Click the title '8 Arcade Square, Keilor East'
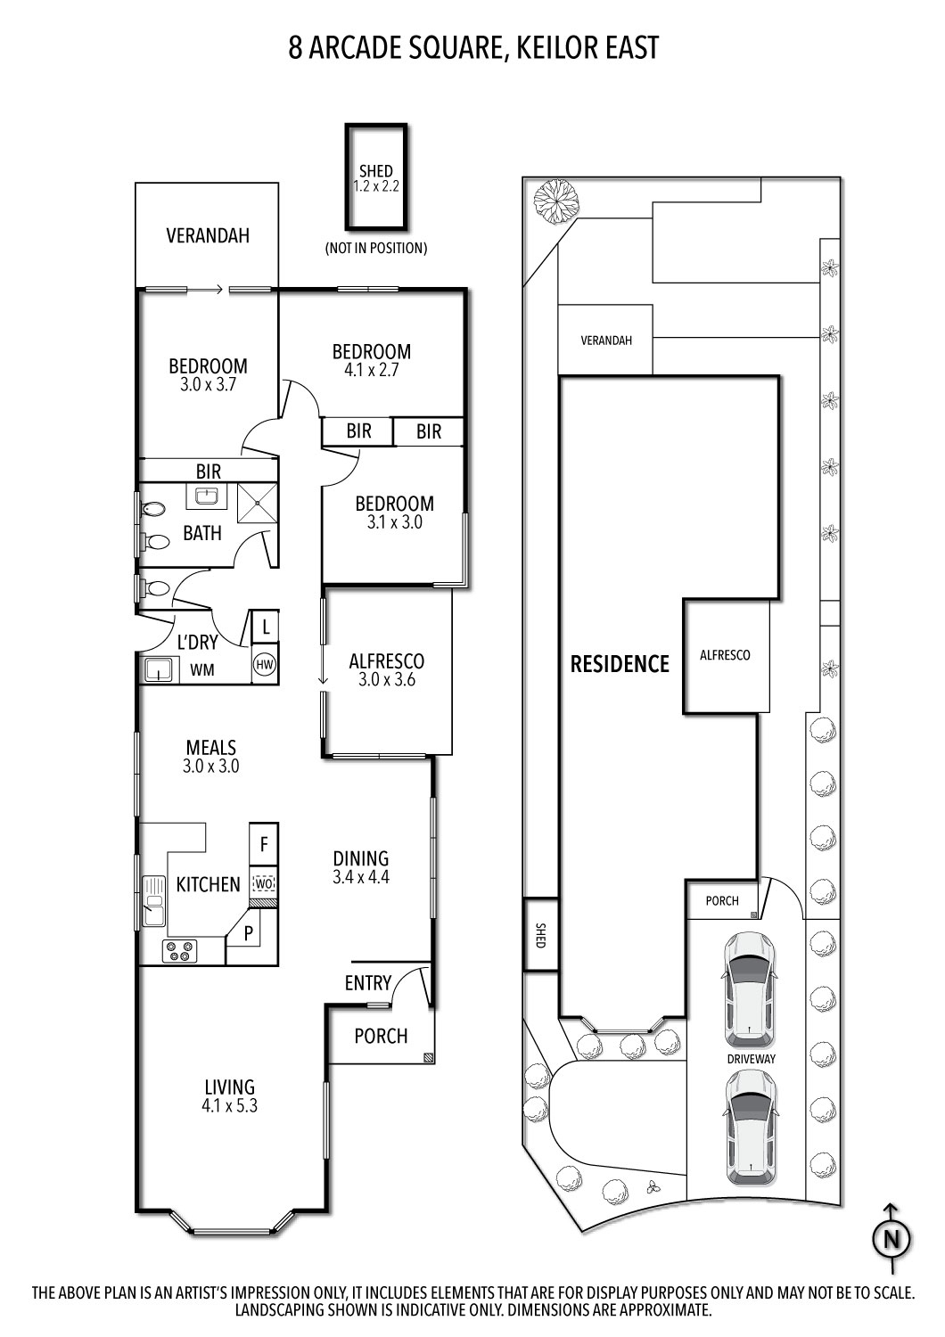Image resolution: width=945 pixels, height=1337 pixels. point(472,47)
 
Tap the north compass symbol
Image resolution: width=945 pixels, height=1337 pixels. point(892,1238)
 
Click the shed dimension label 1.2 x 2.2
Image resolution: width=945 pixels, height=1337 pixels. point(375,186)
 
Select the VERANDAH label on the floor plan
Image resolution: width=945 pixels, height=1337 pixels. point(208,236)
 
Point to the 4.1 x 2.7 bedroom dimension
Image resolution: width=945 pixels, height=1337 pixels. point(371,370)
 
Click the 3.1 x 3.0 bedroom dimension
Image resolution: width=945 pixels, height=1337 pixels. point(394,523)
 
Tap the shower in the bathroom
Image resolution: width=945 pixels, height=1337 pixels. point(257,504)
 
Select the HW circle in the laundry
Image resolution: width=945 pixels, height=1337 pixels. point(265,664)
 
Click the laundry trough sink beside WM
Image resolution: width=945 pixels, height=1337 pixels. point(159,668)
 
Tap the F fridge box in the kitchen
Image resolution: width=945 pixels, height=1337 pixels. point(264,842)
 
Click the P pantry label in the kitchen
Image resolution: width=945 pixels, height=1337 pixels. point(249,934)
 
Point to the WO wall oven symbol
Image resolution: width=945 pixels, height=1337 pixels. point(263,883)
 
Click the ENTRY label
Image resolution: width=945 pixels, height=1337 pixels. point(367,983)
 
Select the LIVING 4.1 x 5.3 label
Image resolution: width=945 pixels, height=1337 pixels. point(230,1096)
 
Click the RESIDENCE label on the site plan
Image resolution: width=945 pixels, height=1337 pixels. point(620,664)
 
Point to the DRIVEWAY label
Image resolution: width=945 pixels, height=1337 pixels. point(750,1059)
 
